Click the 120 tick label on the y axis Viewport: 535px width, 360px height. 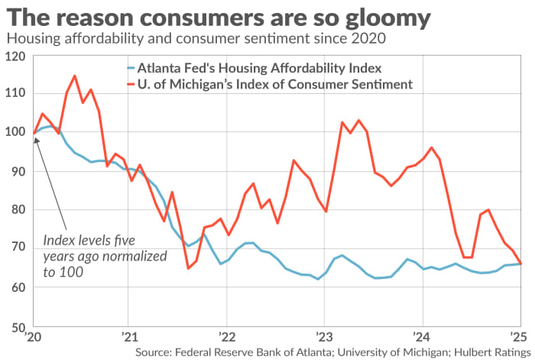tap(15, 56)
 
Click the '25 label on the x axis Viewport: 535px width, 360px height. tap(517, 337)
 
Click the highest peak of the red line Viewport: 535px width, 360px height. tap(74, 76)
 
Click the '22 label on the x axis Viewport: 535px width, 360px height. tap(226, 337)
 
